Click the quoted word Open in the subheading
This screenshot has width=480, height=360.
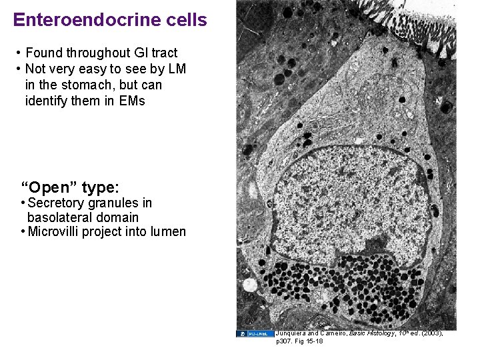point(50,187)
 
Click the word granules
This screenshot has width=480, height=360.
point(112,203)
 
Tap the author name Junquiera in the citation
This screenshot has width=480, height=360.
point(294,333)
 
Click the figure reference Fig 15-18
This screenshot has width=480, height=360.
point(309,341)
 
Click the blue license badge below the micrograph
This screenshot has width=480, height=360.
point(255,333)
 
